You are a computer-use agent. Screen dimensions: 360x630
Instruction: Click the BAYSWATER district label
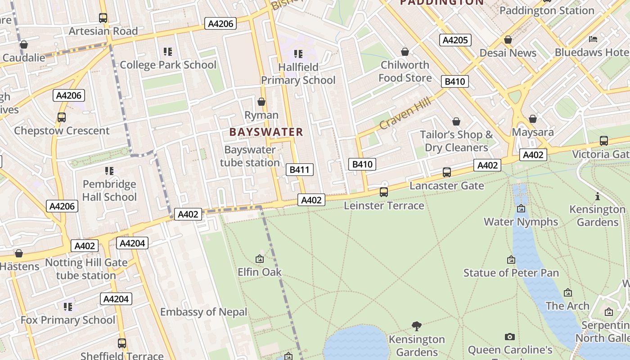[266, 132]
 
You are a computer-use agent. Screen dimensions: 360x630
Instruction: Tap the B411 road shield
[300, 170]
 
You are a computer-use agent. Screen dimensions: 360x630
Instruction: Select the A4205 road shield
[455, 40]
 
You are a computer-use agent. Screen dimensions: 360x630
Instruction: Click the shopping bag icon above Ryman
[261, 102]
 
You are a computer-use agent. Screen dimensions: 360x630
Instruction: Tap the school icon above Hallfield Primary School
[298, 54]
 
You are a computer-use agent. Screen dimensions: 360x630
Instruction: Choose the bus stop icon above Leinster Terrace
[384, 192]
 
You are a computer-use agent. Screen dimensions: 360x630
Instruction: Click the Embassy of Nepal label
[204, 312]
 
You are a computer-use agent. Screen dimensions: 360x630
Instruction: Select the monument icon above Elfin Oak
[260, 259]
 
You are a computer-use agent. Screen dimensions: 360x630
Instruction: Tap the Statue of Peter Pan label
[511, 273]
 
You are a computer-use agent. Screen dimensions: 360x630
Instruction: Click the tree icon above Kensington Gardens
[417, 326]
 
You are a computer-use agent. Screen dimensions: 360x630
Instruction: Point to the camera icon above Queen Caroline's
[510, 337]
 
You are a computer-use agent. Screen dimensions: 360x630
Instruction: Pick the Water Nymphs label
[521, 221]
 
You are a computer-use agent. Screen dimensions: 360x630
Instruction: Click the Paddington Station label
[547, 10]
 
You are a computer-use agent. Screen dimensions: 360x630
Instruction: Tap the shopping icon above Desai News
[508, 40]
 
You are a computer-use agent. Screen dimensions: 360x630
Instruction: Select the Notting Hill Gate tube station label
[86, 269]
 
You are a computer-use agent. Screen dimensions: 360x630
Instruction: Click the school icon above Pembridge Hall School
[109, 171]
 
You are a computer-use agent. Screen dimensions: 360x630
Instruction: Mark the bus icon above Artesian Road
[103, 18]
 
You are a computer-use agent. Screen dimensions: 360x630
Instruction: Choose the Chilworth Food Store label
[405, 71]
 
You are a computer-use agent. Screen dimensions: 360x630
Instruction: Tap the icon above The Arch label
[568, 293]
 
